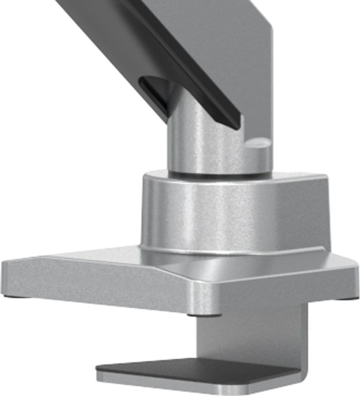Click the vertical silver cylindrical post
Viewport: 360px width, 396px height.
coord(202,141)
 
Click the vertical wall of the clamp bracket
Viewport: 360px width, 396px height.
coord(254,334)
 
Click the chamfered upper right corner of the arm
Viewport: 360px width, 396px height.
coord(266,19)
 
